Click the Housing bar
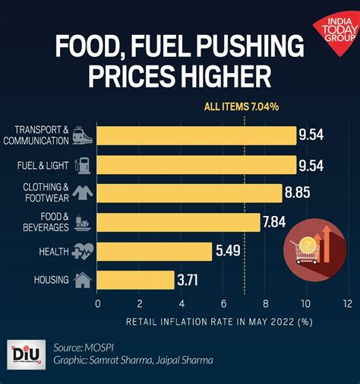coord(136,280)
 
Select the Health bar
coord(155,251)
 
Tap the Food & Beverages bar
coord(178,222)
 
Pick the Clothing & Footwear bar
coord(190,193)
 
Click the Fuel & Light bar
coord(197,164)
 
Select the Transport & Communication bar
coord(197,135)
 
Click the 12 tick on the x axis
coord(347,303)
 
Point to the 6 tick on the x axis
coord(223,303)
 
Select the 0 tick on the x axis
coord(97,303)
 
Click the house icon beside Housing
coord(83,280)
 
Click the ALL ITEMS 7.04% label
coord(242,107)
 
